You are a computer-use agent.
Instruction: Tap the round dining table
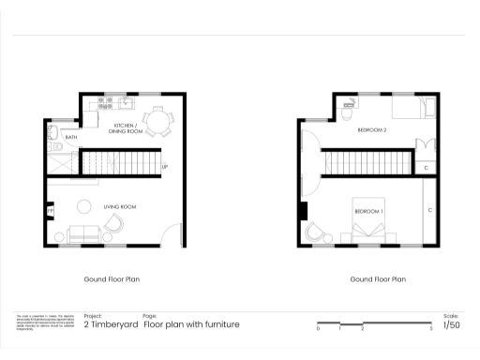pos(159,120)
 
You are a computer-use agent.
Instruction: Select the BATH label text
pos(71,138)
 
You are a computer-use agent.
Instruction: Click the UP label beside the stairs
pos(165,168)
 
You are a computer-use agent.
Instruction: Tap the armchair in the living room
pos(114,223)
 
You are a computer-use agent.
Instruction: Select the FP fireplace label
pos(50,212)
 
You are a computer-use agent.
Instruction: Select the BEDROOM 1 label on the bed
pos(368,212)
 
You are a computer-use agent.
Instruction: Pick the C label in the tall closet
pos(430,210)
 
